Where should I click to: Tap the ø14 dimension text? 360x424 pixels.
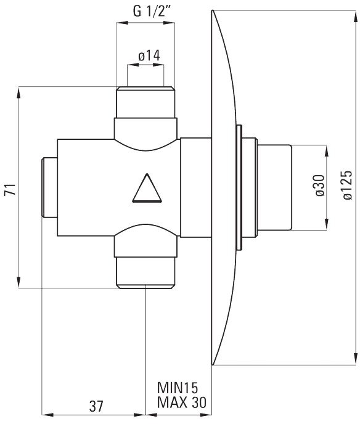click(x=149, y=55)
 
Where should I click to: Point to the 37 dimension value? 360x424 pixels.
click(x=96, y=406)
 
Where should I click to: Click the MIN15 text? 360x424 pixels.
click(x=178, y=388)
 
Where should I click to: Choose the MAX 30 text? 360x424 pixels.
click(x=182, y=402)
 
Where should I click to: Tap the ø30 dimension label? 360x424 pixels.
click(x=320, y=185)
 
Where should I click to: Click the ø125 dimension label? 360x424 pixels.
click(x=347, y=185)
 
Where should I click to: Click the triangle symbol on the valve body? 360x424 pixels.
click(x=147, y=188)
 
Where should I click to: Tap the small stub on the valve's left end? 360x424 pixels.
click(x=49, y=188)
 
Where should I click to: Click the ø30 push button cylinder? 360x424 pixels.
click(x=274, y=188)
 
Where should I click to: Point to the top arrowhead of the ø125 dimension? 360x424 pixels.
click(x=354, y=15)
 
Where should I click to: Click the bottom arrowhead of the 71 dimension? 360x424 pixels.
click(x=18, y=282)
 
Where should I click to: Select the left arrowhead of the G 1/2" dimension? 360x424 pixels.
click(x=122, y=23)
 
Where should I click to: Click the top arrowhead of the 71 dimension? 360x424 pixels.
click(x=18, y=92)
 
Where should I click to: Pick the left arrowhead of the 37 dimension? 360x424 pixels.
click(x=48, y=414)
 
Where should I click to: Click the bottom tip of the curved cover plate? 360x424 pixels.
click(x=212, y=365)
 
